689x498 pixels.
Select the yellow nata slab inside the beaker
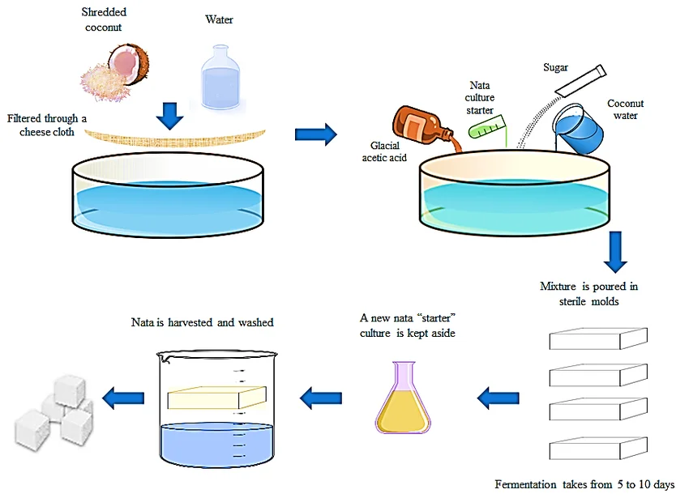tap(217, 397)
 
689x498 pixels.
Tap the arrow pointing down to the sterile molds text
tap(616, 252)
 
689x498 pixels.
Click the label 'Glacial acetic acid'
tap(384, 152)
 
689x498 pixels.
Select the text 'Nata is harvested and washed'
tap(203, 322)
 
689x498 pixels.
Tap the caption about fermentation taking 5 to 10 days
tap(584, 484)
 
